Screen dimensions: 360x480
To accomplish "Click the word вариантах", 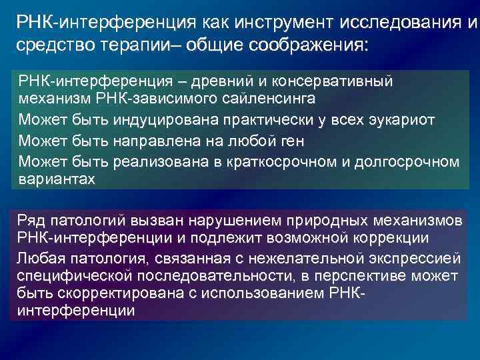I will coord(57,179).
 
